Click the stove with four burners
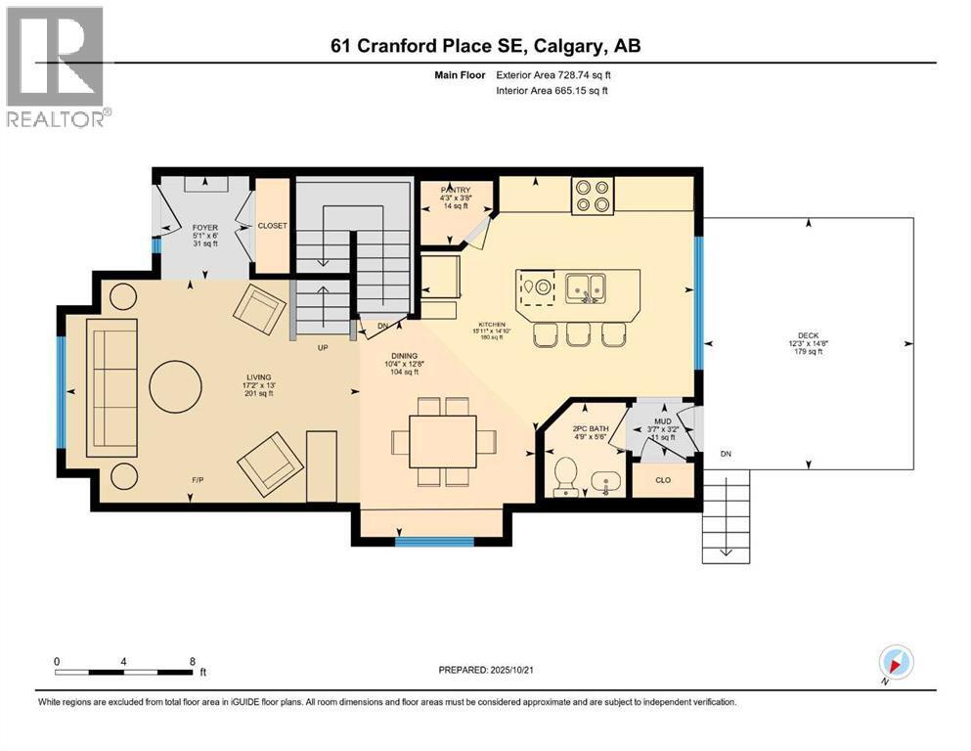coord(592,194)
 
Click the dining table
coord(442,441)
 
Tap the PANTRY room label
coord(455,190)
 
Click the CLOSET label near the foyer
coord(272,226)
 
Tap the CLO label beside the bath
coord(663,480)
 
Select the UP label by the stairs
coord(321,347)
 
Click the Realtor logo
coord(57,66)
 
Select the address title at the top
coord(485,46)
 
